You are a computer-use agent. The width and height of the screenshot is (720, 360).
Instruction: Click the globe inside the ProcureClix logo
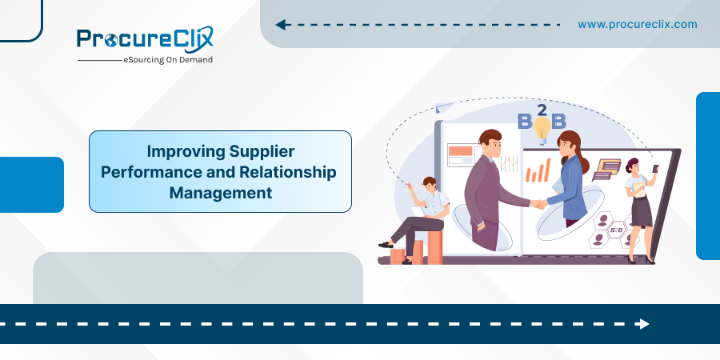point(110,42)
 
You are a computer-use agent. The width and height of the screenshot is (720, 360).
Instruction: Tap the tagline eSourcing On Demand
point(168,60)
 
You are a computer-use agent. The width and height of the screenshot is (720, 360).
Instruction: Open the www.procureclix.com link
point(638,24)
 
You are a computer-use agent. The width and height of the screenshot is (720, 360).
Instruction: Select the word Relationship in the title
point(287,172)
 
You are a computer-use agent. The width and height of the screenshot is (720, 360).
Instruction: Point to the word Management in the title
point(221,193)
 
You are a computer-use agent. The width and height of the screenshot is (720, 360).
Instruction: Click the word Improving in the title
point(186,151)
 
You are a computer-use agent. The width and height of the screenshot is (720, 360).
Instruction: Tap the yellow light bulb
point(542,130)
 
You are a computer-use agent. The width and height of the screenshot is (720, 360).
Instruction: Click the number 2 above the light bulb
point(542,110)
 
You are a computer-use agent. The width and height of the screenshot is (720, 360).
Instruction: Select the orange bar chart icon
point(538,170)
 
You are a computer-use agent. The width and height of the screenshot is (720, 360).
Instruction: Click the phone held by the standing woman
point(656,168)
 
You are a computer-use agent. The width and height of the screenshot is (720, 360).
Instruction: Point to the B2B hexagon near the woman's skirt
point(614,229)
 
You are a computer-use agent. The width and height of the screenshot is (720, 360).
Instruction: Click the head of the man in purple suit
point(490,142)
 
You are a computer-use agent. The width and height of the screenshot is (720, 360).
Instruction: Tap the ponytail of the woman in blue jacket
point(584,161)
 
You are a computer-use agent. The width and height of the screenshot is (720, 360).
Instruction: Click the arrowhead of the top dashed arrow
point(281,25)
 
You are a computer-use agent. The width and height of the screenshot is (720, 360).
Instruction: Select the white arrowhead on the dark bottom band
point(643,324)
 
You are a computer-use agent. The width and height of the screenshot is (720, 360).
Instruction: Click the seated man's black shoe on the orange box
point(386,246)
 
